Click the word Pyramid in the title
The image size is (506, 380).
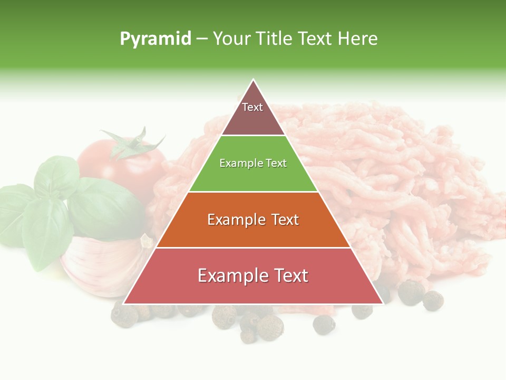tap(155, 39)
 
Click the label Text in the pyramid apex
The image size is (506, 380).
tap(252, 107)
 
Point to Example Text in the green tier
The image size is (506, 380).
tap(253, 163)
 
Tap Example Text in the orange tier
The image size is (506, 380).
tap(253, 220)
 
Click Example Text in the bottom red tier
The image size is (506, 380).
tap(253, 275)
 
